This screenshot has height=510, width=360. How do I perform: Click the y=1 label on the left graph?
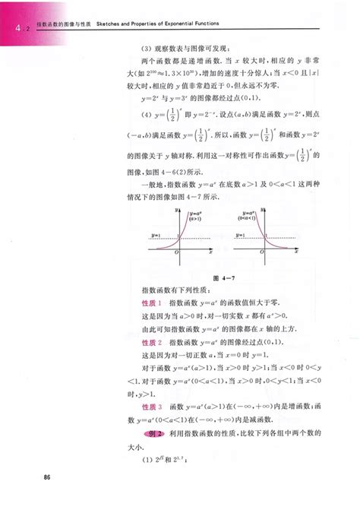tap(156, 236)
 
